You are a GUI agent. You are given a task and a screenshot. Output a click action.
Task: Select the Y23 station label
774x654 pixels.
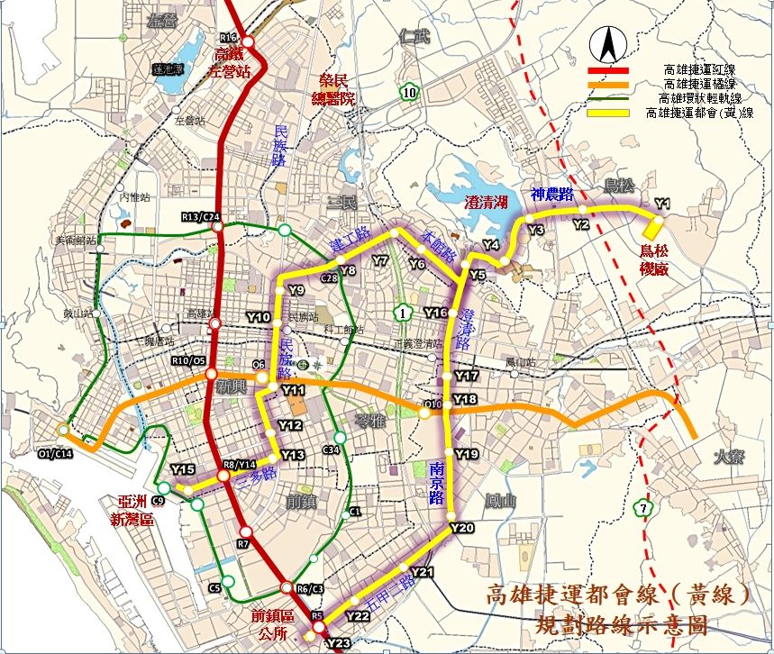tap(337, 642)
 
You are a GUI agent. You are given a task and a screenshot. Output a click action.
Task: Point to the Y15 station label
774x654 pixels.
tap(182, 469)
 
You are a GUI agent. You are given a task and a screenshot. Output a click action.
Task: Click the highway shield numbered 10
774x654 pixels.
tap(409, 91)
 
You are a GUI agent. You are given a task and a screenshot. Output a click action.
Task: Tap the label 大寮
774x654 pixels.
tap(725, 459)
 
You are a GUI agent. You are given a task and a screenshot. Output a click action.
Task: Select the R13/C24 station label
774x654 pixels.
tap(200, 217)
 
